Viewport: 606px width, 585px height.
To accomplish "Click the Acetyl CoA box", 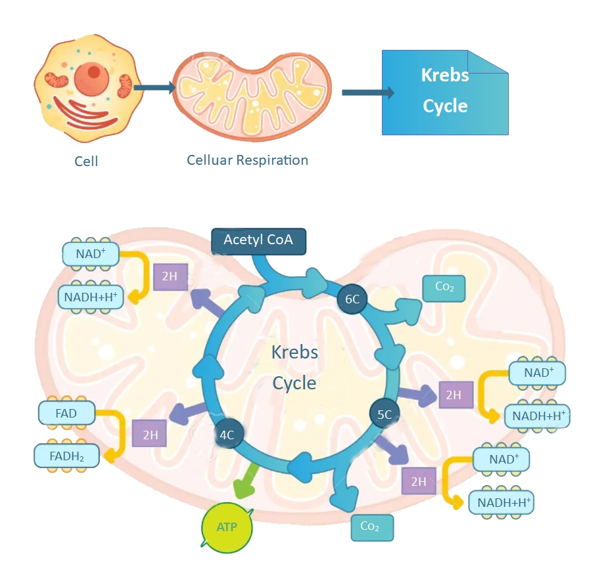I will (258, 240).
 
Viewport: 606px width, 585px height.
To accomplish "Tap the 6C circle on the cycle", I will (352, 299).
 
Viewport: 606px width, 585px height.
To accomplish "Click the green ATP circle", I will (227, 527).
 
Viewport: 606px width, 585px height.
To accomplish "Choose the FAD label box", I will (67, 414).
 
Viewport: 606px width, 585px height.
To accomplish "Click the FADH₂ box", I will (67, 454).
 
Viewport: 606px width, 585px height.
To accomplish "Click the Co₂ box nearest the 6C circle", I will (444, 287).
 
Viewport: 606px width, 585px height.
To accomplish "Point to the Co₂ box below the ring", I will (372, 527).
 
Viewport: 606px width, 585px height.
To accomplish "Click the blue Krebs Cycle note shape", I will (445, 92).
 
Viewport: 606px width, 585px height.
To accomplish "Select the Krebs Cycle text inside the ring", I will (294, 367).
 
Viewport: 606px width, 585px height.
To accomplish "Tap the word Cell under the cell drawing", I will (86, 161).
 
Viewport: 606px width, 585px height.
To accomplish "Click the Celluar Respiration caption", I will (247, 160).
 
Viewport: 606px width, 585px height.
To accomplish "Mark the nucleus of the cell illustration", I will (91, 76).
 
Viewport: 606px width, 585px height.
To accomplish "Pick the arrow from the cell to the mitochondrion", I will (154, 87).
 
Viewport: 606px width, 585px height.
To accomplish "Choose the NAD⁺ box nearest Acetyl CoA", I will (91, 253).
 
